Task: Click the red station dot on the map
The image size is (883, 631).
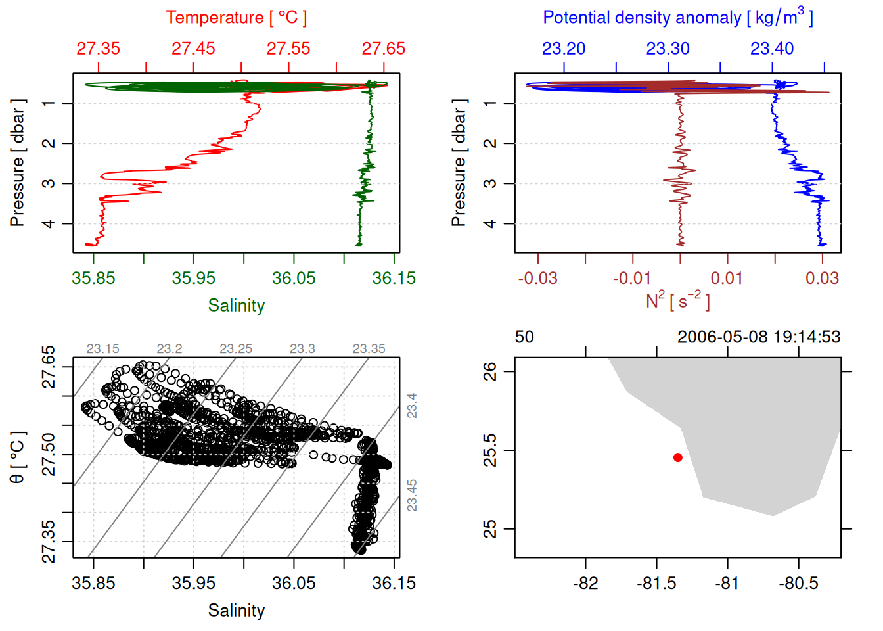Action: point(677,457)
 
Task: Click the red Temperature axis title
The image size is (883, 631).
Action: point(236,18)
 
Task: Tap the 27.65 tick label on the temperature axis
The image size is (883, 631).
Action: point(383,49)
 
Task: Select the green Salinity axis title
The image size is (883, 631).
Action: point(236,306)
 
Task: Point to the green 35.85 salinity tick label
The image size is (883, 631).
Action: point(93,278)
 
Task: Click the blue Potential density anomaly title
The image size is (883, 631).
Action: point(677,17)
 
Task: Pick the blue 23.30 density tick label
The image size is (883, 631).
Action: point(668,49)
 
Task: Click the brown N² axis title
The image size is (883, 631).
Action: point(677,300)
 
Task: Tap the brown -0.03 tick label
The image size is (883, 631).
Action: point(537,278)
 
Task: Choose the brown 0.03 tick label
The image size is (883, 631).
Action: point(822,278)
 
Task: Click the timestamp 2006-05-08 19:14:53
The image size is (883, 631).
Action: point(759,337)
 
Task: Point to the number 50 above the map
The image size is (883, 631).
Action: point(524,337)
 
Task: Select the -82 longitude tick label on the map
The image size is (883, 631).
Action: point(585,583)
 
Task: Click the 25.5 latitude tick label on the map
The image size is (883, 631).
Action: point(490,450)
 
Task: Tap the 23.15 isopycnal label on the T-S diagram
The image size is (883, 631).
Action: point(102,349)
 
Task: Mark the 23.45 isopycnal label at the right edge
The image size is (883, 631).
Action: point(412,495)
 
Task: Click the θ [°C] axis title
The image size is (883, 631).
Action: point(18,457)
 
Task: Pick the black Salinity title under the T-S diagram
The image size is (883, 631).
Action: point(236,611)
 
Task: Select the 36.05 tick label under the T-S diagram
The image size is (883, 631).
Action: point(294,583)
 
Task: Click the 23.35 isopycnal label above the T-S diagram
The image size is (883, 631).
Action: point(369,349)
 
